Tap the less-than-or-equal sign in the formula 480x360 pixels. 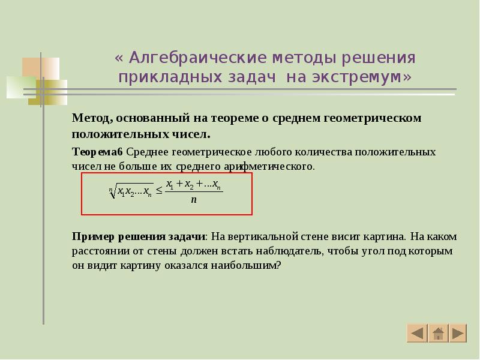click(x=160, y=190)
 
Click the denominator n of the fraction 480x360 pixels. click(x=194, y=200)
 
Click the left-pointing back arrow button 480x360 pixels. click(x=416, y=333)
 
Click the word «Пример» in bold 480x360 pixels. click(x=91, y=236)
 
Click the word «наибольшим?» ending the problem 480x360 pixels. click(x=252, y=265)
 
